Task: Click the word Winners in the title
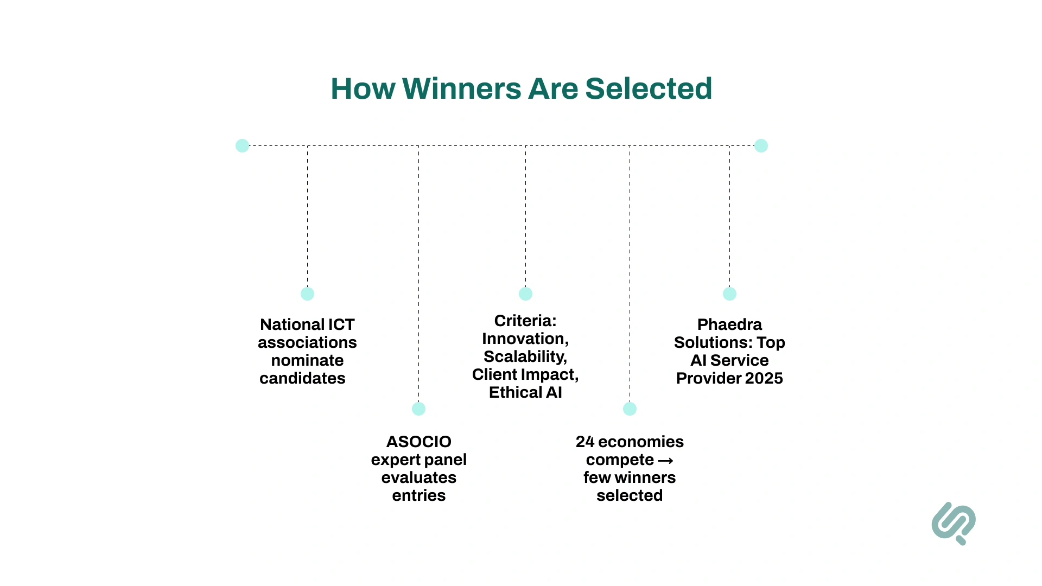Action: tap(461, 88)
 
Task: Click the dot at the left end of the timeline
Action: tap(242, 145)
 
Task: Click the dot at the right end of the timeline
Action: tap(761, 145)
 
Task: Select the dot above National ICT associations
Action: tap(307, 294)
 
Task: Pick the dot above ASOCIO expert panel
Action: tap(418, 409)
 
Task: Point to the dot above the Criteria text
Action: tap(525, 294)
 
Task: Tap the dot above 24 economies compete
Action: tap(630, 409)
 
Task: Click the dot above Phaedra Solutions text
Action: tap(729, 294)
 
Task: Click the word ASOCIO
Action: tap(418, 442)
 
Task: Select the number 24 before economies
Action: tap(585, 442)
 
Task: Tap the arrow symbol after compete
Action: tap(665, 461)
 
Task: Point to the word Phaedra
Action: tap(729, 324)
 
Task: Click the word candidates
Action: tap(302, 378)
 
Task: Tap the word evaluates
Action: tap(418, 477)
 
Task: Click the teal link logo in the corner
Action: tap(954, 523)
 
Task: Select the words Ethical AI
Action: tap(525, 392)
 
